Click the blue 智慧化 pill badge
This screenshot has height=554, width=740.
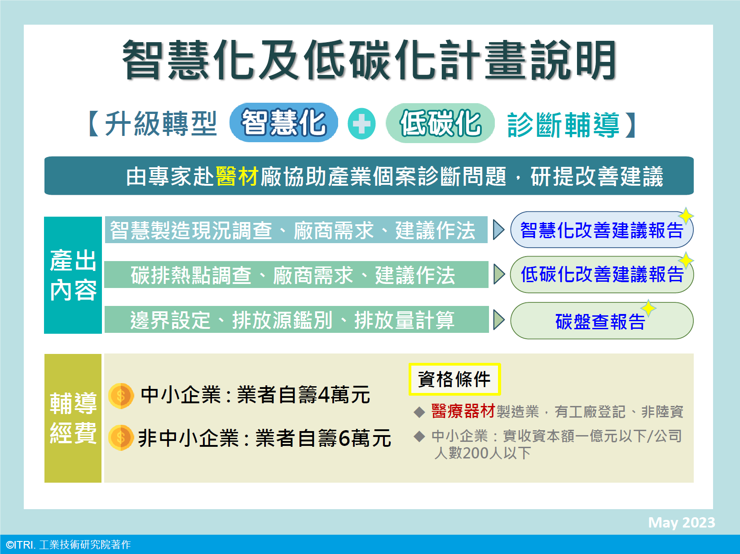point(283,122)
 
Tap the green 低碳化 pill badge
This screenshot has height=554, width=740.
point(440,123)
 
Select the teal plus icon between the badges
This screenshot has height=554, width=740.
point(361,124)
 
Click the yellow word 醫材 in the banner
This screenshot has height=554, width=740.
point(237,176)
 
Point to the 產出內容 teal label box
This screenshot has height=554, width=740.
point(73,275)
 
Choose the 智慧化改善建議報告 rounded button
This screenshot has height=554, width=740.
point(602,230)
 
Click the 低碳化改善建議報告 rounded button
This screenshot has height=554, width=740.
point(602,275)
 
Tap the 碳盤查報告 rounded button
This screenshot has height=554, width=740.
point(602,321)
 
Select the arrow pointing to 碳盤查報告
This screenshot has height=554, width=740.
point(499,319)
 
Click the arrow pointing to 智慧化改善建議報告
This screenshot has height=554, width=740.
point(499,230)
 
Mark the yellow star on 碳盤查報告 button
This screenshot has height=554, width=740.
point(648,308)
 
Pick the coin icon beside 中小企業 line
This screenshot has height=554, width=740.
point(121,396)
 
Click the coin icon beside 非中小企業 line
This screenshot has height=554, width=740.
point(121,438)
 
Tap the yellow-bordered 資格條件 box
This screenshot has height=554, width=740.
point(454,379)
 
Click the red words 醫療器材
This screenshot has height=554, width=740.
point(463,411)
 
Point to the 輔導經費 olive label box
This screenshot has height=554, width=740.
point(73,418)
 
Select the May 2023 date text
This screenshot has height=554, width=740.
point(681,522)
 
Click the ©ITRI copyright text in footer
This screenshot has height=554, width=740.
point(68,545)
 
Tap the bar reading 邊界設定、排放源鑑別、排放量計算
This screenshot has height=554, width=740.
point(296,319)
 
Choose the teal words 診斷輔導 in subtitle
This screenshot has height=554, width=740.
point(564,125)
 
